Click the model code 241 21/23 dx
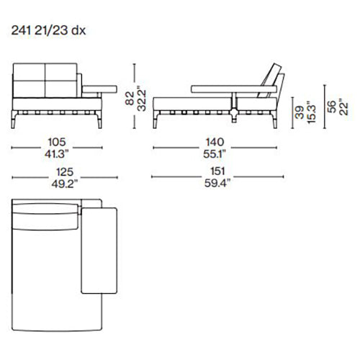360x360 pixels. click(48, 30)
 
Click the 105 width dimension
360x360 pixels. click(57, 142)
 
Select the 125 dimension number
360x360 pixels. click(65, 172)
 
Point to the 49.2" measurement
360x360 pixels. click(65, 184)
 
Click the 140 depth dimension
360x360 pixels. click(215, 142)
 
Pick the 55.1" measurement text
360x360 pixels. click(215, 154)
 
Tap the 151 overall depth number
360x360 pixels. click(217, 171)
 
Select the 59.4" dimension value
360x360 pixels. click(217, 184)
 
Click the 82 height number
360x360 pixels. click(130, 99)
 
